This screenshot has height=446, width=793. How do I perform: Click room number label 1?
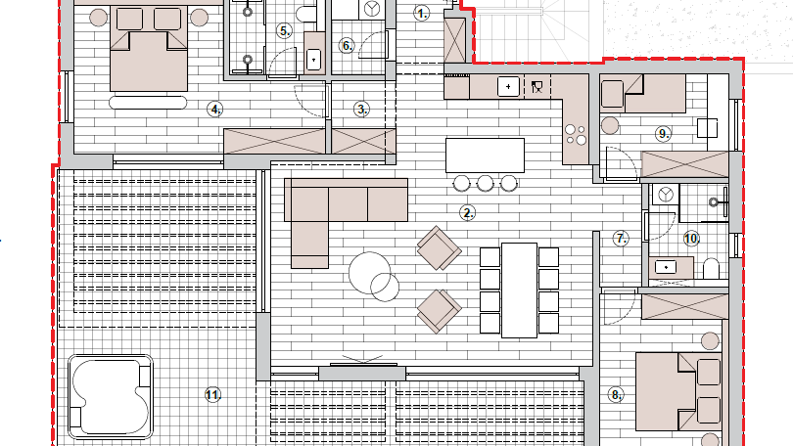click(x=422, y=14)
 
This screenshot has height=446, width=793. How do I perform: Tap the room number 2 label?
click(x=468, y=212)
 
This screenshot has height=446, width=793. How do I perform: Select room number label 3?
click(x=362, y=110)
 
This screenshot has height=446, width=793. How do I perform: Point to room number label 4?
click(x=215, y=109)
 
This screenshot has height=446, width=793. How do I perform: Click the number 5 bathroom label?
click(x=284, y=31)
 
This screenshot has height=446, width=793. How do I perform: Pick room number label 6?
click(x=347, y=45)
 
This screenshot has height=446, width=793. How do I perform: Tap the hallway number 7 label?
click(x=621, y=238)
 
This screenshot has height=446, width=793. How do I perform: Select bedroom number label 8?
click(x=616, y=395)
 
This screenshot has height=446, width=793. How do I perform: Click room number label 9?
click(x=663, y=133)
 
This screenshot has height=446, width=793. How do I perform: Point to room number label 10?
click(x=691, y=238)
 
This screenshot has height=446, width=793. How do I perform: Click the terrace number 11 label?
click(x=212, y=395)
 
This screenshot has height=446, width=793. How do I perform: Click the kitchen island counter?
click(x=484, y=155)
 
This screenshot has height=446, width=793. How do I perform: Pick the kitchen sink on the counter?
click(x=508, y=87)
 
